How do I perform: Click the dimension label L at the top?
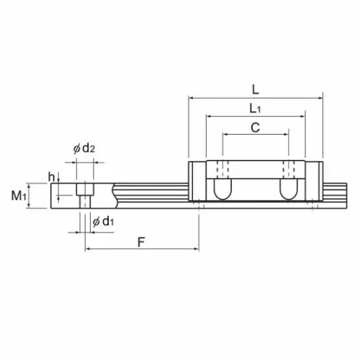pyautogui.click(x=256, y=90)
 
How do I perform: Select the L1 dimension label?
pyautogui.click(x=255, y=109)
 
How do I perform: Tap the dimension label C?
pyautogui.click(x=256, y=127)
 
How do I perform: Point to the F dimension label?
pyautogui.click(x=141, y=242)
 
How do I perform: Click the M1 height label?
pyautogui.click(x=19, y=196)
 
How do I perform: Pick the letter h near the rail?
pyautogui.click(x=51, y=177)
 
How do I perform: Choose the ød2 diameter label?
pyautogui.click(x=84, y=148)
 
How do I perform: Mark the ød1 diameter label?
pyautogui.click(x=103, y=221)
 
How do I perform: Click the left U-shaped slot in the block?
pyautogui.click(x=222, y=189)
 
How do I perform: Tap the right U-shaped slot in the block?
pyautogui.click(x=289, y=189)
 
